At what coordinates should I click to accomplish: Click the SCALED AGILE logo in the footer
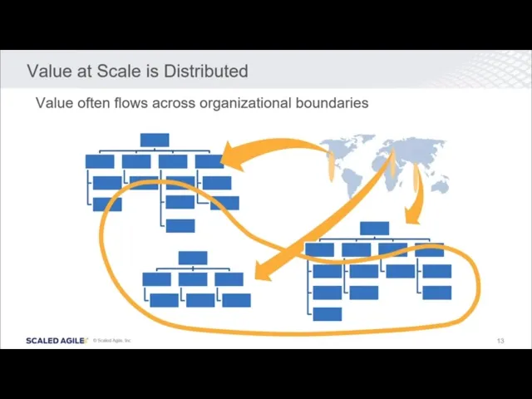pyautogui.click(x=57, y=340)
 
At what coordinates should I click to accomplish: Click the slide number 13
pyautogui.click(x=500, y=341)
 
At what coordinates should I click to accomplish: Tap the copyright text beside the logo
pyautogui.click(x=112, y=340)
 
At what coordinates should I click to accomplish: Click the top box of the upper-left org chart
pyautogui.click(x=155, y=140)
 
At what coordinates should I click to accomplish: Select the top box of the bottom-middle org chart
pyautogui.click(x=193, y=258)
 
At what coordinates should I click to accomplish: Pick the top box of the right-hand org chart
pyautogui.click(x=374, y=228)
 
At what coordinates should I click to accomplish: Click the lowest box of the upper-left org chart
pyautogui.click(x=180, y=225)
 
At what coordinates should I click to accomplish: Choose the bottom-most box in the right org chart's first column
pyautogui.click(x=327, y=313)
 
